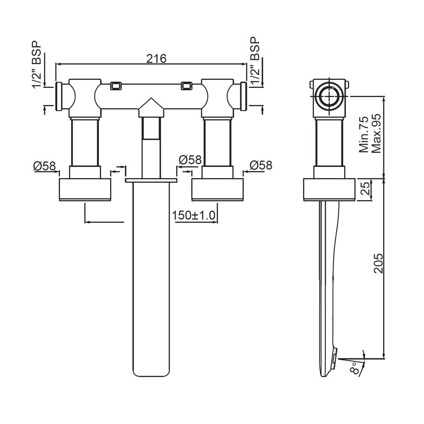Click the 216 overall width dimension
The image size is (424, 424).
click(x=156, y=58)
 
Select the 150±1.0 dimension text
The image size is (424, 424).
click(x=195, y=215)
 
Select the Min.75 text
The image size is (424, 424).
click(x=364, y=135)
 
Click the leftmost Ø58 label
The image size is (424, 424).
click(x=45, y=166)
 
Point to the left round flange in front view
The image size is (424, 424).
click(x=85, y=190)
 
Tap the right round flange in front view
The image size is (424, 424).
click(x=218, y=190)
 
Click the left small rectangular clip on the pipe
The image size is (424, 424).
click(x=115, y=86)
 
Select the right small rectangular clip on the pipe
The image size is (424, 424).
click(x=186, y=86)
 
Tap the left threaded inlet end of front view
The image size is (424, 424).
click(x=60, y=95)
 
